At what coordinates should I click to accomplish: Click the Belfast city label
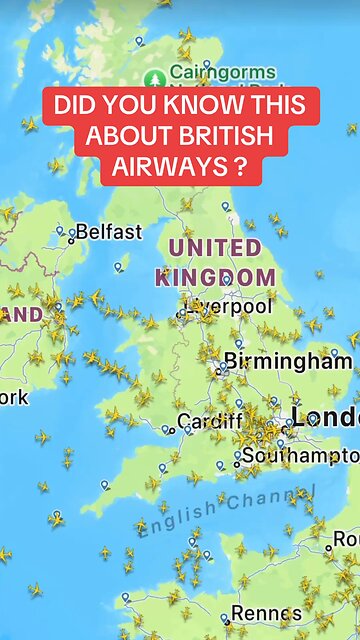coord(109,232)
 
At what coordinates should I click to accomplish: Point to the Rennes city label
coord(266,612)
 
